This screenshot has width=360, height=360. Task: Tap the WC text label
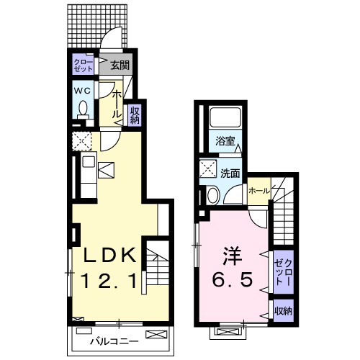tap(81, 91)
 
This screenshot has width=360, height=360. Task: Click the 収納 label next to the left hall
tap(133, 114)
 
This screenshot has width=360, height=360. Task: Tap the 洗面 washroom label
tap(230, 173)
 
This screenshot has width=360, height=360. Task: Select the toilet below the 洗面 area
tap(211, 196)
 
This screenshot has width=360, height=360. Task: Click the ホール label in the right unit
tap(258, 192)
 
